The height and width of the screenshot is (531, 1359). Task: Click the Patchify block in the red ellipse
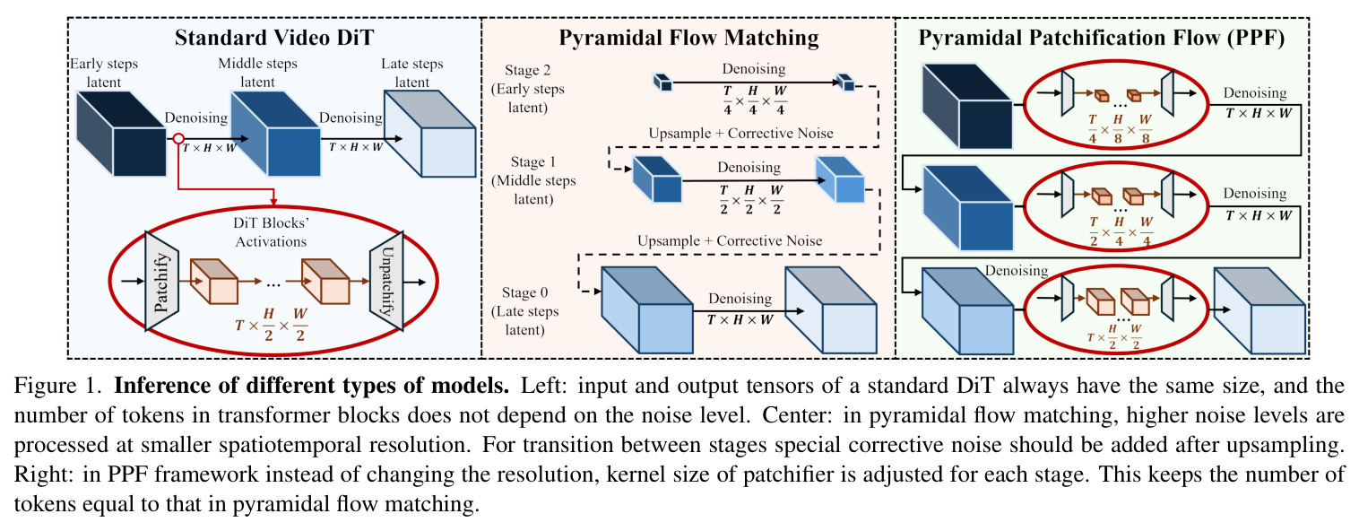pyautogui.click(x=161, y=281)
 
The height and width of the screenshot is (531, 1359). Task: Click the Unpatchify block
pyautogui.click(x=386, y=281)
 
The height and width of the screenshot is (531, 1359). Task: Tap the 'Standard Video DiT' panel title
pyautogui.click(x=274, y=38)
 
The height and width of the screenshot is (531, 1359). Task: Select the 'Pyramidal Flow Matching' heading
pyautogui.click(x=688, y=38)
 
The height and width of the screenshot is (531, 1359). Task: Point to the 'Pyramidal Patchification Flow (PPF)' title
pyautogui.click(x=1101, y=38)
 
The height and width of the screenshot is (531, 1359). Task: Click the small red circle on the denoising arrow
pyautogui.click(x=178, y=139)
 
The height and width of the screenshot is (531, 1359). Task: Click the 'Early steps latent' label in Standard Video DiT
pyautogui.click(x=104, y=73)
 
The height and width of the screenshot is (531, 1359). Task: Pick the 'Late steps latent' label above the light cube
pyautogui.click(x=412, y=73)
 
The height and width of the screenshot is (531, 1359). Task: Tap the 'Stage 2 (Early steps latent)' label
pyautogui.click(x=527, y=89)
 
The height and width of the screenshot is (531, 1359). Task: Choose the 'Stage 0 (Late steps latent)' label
pyautogui.click(x=524, y=311)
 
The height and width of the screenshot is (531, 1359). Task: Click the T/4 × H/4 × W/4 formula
pyautogui.click(x=754, y=100)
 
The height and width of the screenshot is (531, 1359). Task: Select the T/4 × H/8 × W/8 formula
pyautogui.click(x=1118, y=128)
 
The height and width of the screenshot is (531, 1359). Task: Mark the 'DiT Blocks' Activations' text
pyautogui.click(x=272, y=232)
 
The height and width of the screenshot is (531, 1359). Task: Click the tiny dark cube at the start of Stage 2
pyautogui.click(x=662, y=82)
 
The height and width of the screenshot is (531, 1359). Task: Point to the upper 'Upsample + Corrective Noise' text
pyautogui.click(x=740, y=134)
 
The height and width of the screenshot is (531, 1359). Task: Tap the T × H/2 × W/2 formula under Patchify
pyautogui.click(x=272, y=325)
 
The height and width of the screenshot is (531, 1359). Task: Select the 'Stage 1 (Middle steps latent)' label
pyautogui.click(x=533, y=180)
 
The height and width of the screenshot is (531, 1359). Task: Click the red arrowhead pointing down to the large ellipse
pyautogui.click(x=273, y=201)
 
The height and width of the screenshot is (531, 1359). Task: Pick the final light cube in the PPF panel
pyautogui.click(x=1259, y=310)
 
